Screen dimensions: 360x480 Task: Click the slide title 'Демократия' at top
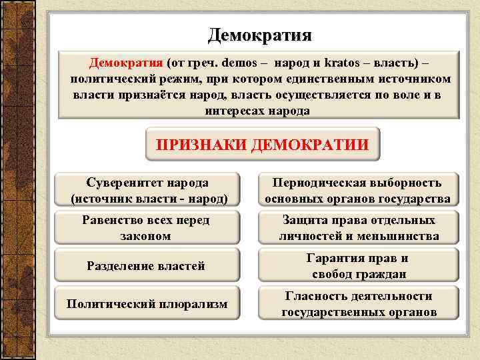click(x=259, y=33)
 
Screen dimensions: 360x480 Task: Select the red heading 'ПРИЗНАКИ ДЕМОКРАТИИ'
click(x=262, y=145)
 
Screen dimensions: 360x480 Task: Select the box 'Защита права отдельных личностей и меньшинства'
click(x=358, y=228)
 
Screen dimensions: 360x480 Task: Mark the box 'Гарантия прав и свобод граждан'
click(x=358, y=266)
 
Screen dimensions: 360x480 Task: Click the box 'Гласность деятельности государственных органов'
click(x=358, y=304)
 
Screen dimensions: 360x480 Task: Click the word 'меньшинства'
click(x=399, y=236)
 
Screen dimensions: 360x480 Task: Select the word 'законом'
click(x=145, y=236)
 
